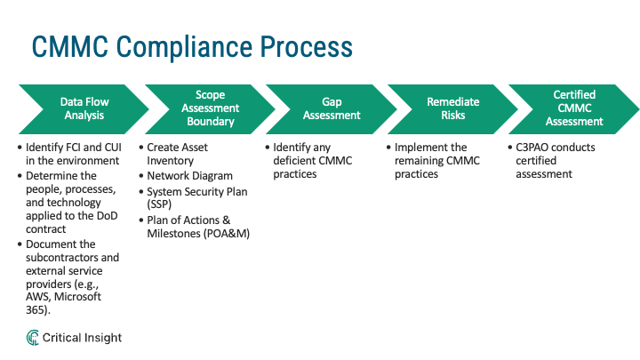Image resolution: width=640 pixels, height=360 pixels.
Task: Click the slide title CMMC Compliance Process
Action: [191, 46]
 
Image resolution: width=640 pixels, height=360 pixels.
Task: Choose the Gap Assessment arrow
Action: [327, 108]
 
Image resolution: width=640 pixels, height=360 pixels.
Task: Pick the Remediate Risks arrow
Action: [446, 108]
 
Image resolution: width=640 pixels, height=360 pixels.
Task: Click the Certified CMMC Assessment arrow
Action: [574, 108]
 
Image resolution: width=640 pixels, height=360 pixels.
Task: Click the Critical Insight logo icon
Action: [33, 338]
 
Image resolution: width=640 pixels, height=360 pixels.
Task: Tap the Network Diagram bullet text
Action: [190, 176]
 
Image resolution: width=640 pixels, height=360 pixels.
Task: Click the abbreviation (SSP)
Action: [159, 204]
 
